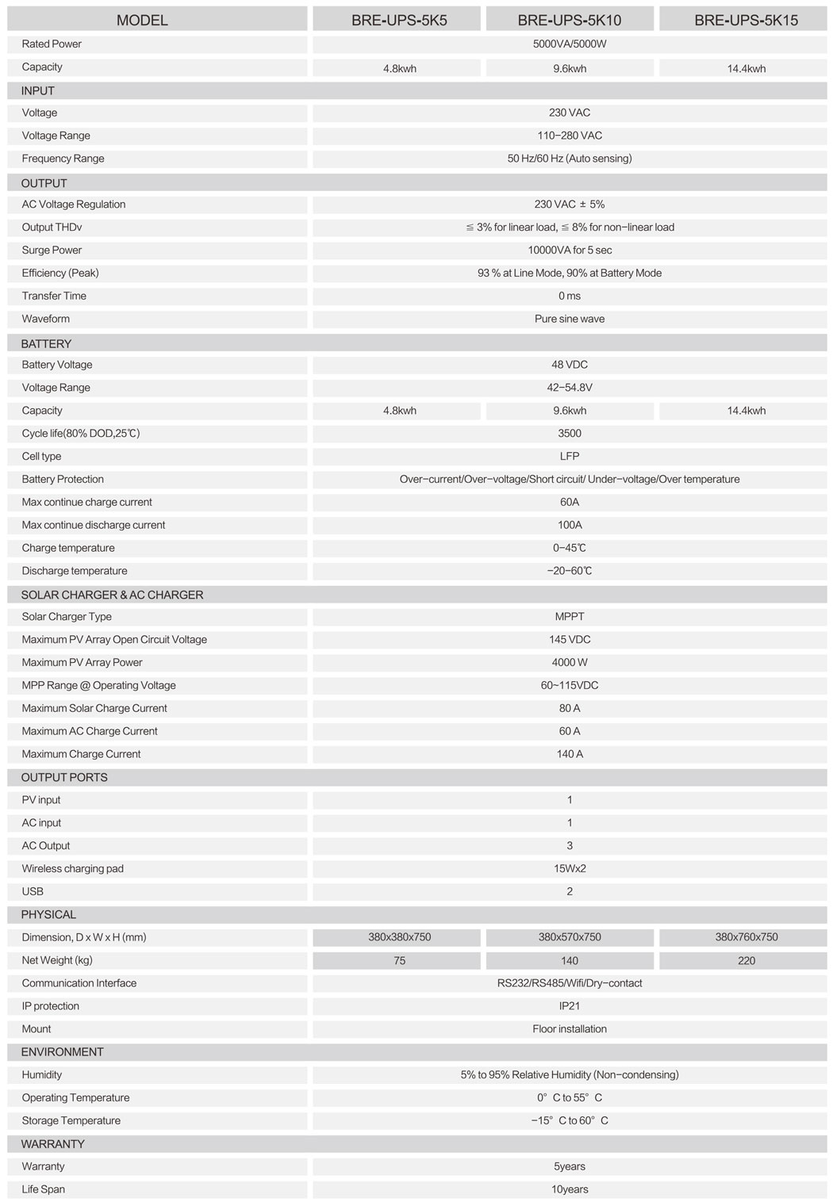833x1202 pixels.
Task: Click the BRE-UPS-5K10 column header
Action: (x=569, y=20)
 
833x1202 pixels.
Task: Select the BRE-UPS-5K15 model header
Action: (x=746, y=20)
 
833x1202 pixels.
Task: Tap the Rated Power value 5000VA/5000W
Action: (x=569, y=44)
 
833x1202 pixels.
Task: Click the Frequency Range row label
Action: (x=63, y=159)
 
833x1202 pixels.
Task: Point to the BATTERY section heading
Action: (x=46, y=343)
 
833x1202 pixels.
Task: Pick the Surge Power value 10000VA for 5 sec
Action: (x=569, y=251)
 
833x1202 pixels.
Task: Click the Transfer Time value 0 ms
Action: (x=569, y=296)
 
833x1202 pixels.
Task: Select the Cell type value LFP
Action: (x=569, y=457)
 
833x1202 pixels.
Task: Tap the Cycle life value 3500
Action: (x=569, y=434)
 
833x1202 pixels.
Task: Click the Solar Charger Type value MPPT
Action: (x=569, y=617)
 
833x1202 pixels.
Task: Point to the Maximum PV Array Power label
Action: (x=83, y=663)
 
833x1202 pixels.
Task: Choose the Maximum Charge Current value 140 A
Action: (x=569, y=754)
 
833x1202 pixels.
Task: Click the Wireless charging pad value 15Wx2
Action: (x=569, y=869)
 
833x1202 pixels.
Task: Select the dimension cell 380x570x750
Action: (x=569, y=937)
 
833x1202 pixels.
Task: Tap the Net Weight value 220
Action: (x=746, y=960)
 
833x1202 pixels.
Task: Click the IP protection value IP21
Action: (x=569, y=1006)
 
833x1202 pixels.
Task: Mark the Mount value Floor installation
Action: (x=569, y=1029)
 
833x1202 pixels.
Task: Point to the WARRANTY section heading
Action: (x=52, y=1144)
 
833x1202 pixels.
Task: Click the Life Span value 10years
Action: (x=569, y=1189)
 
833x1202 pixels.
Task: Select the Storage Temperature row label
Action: (x=71, y=1121)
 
